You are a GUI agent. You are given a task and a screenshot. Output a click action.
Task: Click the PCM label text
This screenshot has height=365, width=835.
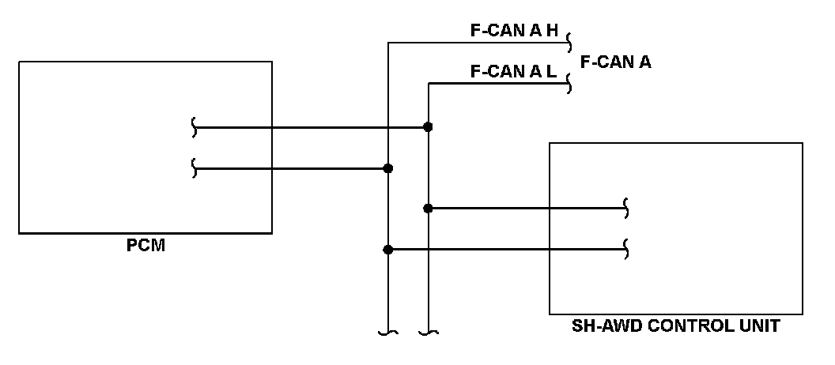click(x=145, y=246)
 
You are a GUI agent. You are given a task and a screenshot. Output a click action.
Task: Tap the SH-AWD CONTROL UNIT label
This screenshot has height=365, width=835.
click(x=675, y=325)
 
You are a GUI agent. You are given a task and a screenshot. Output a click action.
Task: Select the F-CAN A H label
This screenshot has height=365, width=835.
click(x=514, y=31)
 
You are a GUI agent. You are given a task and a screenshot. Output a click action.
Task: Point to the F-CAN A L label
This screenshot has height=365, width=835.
click(x=514, y=71)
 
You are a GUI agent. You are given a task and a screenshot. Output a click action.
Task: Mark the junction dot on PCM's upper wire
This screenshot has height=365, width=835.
click(x=428, y=126)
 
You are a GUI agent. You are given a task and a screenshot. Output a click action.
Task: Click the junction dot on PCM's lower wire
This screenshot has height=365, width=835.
click(x=387, y=168)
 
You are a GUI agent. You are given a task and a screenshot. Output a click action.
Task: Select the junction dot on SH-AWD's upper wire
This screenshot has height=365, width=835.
click(x=428, y=209)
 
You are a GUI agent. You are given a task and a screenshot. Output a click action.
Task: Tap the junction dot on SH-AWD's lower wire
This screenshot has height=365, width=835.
click(x=387, y=250)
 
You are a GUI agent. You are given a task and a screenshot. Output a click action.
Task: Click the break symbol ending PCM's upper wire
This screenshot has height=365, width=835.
click(x=194, y=126)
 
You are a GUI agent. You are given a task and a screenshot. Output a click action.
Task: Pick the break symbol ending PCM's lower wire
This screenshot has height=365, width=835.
click(x=194, y=168)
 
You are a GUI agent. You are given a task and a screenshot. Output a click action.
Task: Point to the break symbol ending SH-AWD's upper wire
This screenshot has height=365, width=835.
click(x=627, y=209)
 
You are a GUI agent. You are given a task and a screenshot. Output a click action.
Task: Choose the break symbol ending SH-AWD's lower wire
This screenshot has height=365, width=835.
click(x=627, y=250)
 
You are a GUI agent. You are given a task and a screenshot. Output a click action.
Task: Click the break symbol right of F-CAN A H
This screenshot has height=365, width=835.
click(x=569, y=42)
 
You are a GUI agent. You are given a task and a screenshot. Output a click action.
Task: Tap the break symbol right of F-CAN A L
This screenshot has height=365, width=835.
click(x=569, y=83)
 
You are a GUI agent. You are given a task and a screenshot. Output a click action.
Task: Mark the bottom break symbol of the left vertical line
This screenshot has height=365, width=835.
click(x=387, y=333)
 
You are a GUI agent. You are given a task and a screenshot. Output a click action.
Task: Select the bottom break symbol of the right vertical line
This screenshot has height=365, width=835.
click(x=428, y=333)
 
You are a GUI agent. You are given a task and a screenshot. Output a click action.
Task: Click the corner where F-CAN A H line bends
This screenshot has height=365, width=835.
click(x=387, y=42)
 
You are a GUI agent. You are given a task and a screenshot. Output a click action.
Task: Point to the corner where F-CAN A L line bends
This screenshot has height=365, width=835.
click(x=428, y=83)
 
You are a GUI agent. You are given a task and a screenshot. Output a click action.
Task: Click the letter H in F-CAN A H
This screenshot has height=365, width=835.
click(x=552, y=31)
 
